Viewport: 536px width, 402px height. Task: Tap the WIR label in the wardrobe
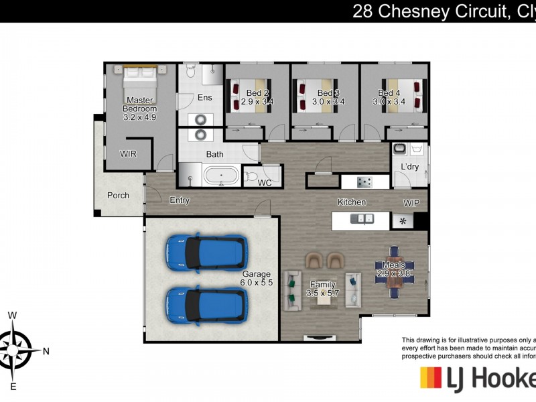coord(128,153)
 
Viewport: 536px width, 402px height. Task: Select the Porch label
coord(117,196)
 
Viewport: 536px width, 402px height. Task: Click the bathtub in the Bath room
coord(220,177)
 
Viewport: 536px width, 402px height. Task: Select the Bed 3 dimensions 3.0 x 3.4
coord(328,103)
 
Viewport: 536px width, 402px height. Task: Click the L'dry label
coord(409,167)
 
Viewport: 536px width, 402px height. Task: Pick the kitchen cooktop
coord(364,181)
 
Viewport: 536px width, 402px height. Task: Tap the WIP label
coord(411,202)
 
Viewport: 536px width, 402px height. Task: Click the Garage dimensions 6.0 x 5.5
coord(257,283)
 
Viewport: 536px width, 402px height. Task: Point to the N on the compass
coord(46,350)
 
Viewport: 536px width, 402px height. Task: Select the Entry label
coord(180,200)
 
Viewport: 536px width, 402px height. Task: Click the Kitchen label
coord(351,202)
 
